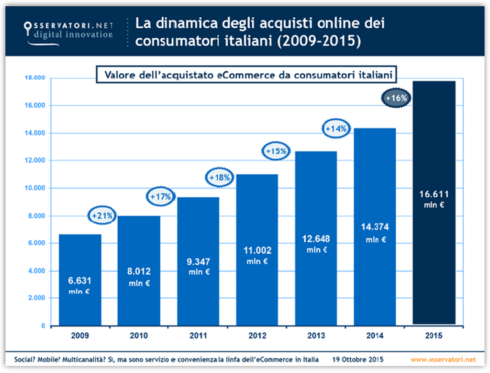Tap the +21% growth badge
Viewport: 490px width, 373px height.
pyautogui.click(x=102, y=216)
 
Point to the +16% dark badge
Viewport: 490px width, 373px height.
pyautogui.click(x=397, y=98)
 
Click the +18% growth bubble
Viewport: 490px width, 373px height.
pyautogui.click(x=220, y=178)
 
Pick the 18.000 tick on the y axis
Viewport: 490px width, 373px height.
pyautogui.click(x=34, y=78)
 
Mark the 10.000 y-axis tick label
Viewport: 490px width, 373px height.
pyautogui.click(x=34, y=188)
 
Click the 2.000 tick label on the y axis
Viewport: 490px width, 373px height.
pyautogui.click(x=36, y=298)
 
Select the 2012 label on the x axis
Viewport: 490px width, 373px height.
pyautogui.click(x=257, y=335)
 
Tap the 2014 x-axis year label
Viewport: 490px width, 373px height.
pyautogui.click(x=375, y=335)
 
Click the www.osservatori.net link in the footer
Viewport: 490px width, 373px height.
pyautogui.click(x=443, y=359)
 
